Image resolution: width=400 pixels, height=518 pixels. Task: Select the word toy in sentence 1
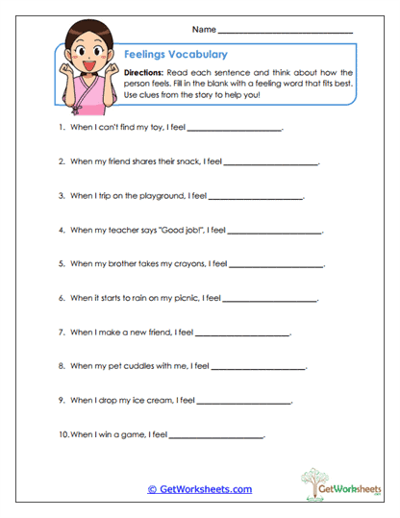(134, 128)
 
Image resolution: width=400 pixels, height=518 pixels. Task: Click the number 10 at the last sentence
(63, 434)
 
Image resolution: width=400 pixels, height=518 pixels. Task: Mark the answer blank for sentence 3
(255, 199)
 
